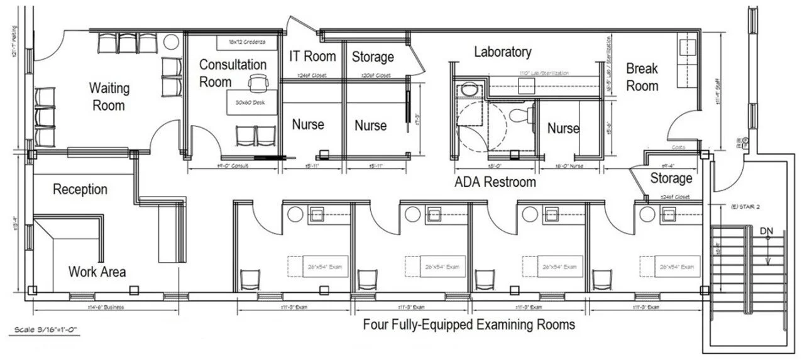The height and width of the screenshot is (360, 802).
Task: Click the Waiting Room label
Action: pyautogui.click(x=109, y=96)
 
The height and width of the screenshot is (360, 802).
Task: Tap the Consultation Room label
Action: pyautogui.click(x=233, y=73)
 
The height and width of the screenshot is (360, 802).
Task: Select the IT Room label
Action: pyautogui.click(x=312, y=56)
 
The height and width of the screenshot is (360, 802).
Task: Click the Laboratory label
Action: pyautogui.click(x=502, y=52)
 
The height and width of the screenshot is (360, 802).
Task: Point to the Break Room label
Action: pyautogui.click(x=642, y=77)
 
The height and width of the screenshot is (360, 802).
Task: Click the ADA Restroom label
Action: pyautogui.click(x=495, y=182)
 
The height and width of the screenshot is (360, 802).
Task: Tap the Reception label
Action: pyautogui.click(x=80, y=189)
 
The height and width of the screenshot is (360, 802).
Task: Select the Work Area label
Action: pyautogui.click(x=97, y=271)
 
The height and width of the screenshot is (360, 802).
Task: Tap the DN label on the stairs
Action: pyautogui.click(x=766, y=232)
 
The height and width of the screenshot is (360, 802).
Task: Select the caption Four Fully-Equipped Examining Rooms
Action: pyautogui.click(x=469, y=325)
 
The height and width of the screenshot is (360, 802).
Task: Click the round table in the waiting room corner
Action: pyautogui.click(x=170, y=43)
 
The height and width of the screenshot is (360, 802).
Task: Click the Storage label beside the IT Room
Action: pyautogui.click(x=372, y=57)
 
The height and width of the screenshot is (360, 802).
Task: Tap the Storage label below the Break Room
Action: pyautogui.click(x=671, y=178)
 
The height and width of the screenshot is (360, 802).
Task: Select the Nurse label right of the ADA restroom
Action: pyautogui.click(x=563, y=129)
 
